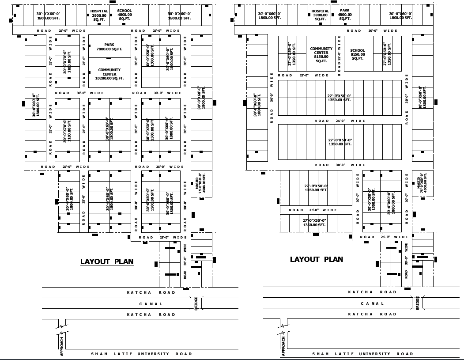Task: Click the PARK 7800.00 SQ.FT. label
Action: [x=109, y=47]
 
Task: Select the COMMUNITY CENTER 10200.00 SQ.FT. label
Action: [x=109, y=74]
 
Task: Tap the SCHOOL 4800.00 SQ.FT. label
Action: [x=124, y=15]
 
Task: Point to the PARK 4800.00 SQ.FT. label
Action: [x=345, y=14]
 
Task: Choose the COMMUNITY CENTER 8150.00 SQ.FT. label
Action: [x=321, y=55]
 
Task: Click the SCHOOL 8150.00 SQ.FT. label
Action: [x=358, y=54]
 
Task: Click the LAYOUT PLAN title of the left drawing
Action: [x=107, y=261]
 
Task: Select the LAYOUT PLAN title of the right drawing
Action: [x=317, y=259]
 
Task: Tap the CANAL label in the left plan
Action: [x=151, y=304]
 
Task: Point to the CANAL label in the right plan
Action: [x=373, y=303]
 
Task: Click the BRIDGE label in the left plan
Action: [x=196, y=303]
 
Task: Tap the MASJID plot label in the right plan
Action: [x=422, y=184]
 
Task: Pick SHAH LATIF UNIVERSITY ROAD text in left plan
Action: [x=141, y=354]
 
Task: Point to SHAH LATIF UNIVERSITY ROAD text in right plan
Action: [x=362, y=354]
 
